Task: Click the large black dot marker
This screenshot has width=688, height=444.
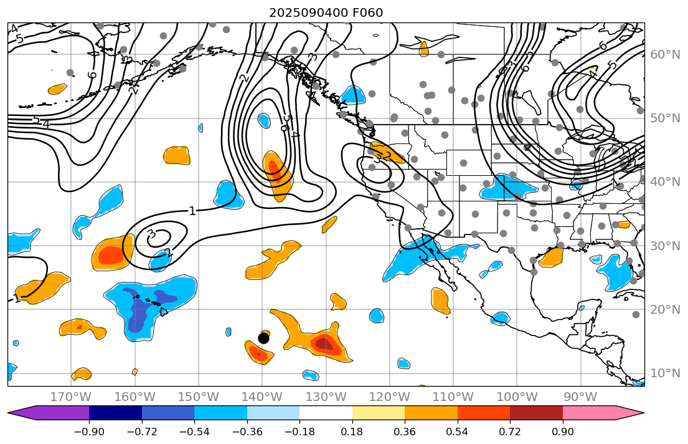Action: [263, 338]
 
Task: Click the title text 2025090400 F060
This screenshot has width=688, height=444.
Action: [326, 12]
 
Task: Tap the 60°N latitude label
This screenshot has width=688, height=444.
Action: [665, 55]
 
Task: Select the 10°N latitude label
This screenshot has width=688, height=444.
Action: [665, 374]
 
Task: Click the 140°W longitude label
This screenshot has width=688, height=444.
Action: [262, 397]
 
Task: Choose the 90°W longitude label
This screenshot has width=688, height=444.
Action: [580, 397]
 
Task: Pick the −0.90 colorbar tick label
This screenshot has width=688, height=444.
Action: [89, 432]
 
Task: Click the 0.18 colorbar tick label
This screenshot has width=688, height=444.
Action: [352, 432]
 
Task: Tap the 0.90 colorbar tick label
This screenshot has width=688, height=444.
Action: [563, 432]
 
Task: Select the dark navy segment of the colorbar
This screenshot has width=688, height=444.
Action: [115, 413]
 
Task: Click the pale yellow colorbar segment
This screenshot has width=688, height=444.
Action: [379, 413]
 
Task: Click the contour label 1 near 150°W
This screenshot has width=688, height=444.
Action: [192, 211]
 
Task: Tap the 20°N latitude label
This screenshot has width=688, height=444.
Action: [665, 310]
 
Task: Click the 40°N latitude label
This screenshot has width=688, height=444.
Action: [665, 182]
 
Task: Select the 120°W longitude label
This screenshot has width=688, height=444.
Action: [390, 397]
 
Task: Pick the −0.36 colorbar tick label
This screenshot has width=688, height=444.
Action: [247, 432]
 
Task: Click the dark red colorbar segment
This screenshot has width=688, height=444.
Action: [536, 413]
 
